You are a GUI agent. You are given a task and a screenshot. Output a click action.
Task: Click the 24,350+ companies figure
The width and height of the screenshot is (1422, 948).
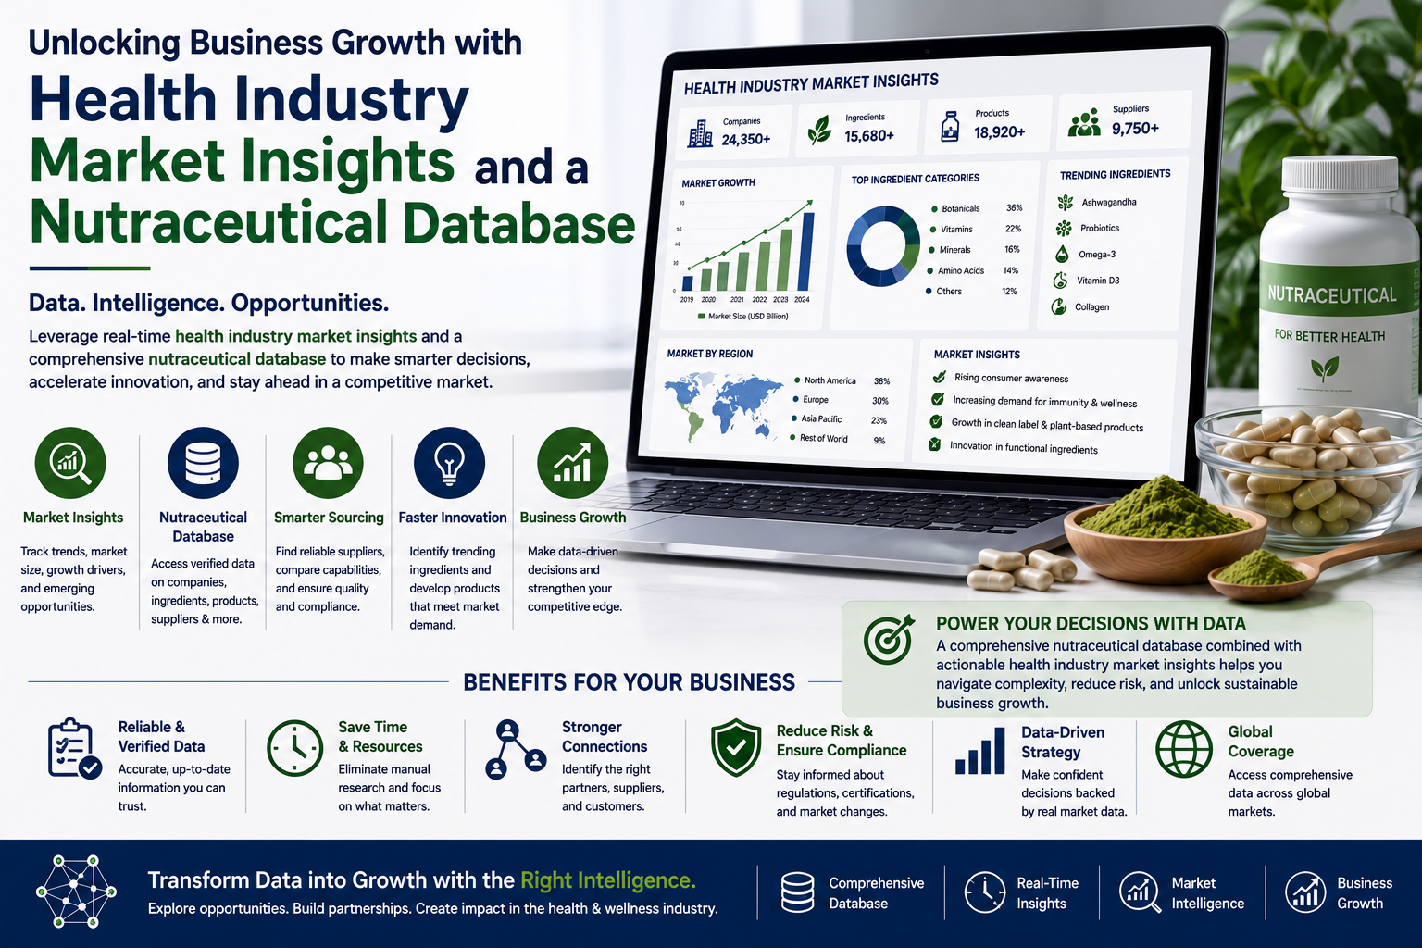(x=746, y=139)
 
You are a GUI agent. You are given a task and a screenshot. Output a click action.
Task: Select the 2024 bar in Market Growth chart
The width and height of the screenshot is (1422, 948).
(x=807, y=252)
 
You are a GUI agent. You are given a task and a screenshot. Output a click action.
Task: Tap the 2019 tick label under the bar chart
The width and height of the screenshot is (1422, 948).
(x=687, y=300)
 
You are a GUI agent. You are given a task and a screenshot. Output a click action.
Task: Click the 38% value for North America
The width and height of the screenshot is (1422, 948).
(x=881, y=381)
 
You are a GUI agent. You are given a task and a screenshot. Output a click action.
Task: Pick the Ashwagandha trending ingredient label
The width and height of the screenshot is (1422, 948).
(x=1109, y=203)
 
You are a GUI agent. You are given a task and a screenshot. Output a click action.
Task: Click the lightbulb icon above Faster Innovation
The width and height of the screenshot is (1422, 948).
(x=449, y=463)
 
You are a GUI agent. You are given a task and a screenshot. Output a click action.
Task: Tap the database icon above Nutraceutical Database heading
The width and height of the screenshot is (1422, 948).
(x=203, y=463)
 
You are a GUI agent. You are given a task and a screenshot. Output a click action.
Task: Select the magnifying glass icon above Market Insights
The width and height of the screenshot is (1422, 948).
(x=70, y=463)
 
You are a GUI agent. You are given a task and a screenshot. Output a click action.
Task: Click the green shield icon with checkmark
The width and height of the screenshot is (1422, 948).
(x=736, y=747)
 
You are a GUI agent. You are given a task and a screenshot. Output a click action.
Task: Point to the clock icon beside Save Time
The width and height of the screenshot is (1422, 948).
(x=295, y=749)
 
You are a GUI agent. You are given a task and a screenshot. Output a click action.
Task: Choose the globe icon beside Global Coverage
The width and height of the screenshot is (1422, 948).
(x=1184, y=749)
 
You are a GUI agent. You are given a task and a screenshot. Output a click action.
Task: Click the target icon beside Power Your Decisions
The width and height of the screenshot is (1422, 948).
(x=889, y=640)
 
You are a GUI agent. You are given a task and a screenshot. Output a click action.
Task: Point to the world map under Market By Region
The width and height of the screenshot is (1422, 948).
(x=723, y=405)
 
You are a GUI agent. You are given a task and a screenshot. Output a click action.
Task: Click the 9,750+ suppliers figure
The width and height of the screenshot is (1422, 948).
(x=1135, y=129)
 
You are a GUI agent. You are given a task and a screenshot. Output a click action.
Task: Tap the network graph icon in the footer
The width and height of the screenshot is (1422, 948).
(x=76, y=892)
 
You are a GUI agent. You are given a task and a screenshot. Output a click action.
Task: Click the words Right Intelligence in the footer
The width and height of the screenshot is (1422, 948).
(x=608, y=880)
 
